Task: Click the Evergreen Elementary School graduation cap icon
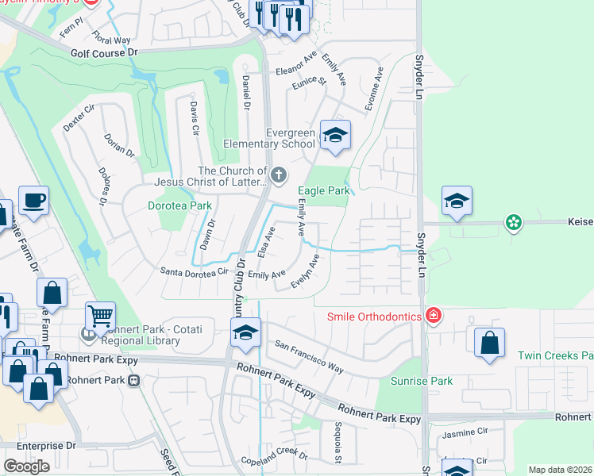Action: (335, 136)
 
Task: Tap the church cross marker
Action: (278, 175)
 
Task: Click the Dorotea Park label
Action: (180, 205)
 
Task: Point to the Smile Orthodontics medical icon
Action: (433, 317)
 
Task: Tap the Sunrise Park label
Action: (426, 381)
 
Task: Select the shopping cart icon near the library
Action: (100, 317)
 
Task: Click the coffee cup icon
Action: (33, 201)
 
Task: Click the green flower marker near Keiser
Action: (514, 223)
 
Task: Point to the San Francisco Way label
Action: (309, 358)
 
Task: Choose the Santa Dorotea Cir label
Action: (195, 271)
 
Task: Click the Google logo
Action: (26, 466)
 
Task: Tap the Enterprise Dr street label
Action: (45, 447)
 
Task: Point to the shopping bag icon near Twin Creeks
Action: (489, 343)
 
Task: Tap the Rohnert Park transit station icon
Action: (133, 380)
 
